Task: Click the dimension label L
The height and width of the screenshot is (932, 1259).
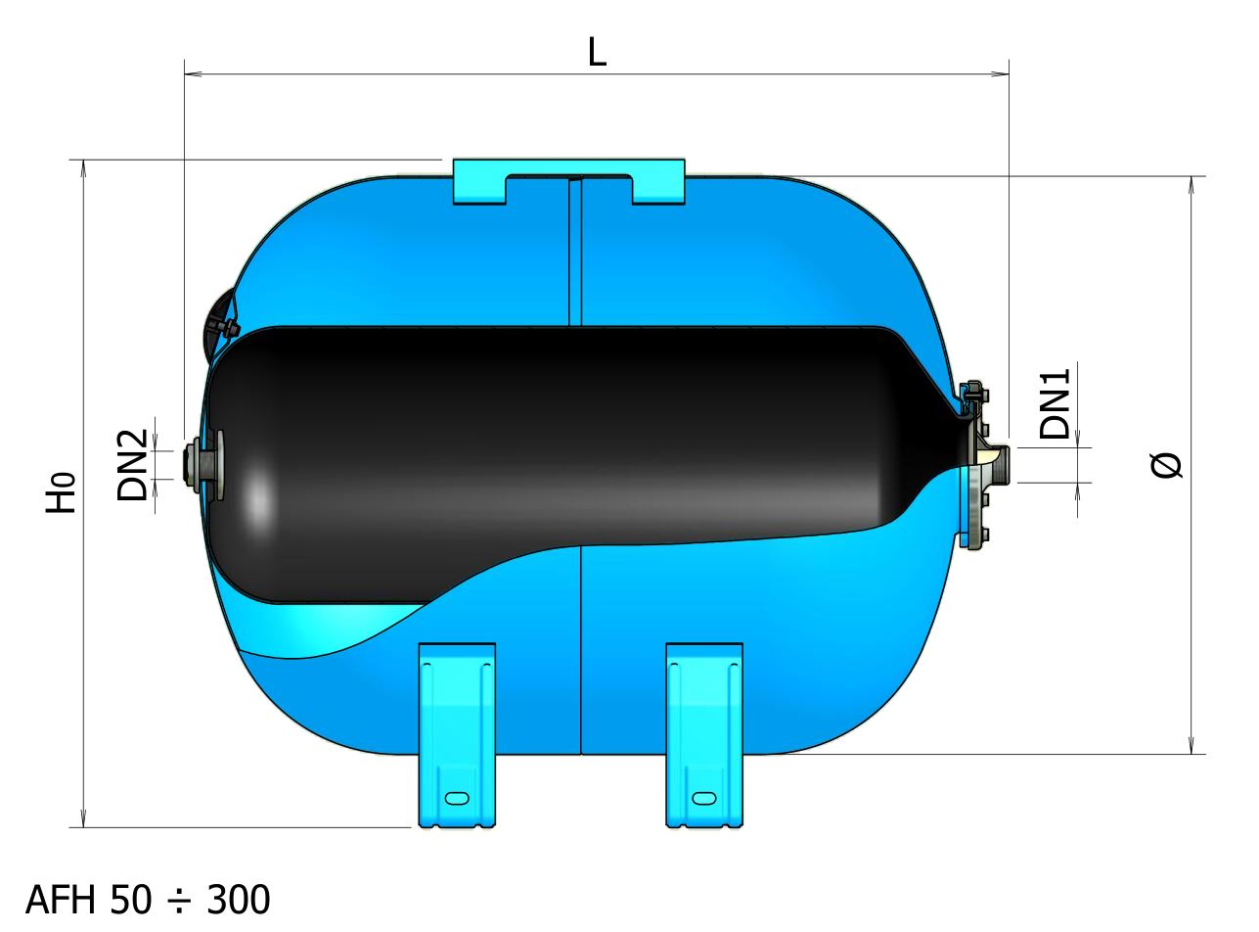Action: pos(597,52)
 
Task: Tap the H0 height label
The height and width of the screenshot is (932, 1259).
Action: pos(61,492)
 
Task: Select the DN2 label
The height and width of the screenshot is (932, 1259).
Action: pos(132,465)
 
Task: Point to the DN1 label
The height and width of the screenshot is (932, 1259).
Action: pos(1055,403)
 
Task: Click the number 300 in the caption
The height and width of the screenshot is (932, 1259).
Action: pos(239,900)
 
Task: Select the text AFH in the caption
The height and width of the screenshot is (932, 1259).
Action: pos(61,900)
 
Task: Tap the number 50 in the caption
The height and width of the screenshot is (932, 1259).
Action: pos(131,900)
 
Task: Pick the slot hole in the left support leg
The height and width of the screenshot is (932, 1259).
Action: pos(457,799)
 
